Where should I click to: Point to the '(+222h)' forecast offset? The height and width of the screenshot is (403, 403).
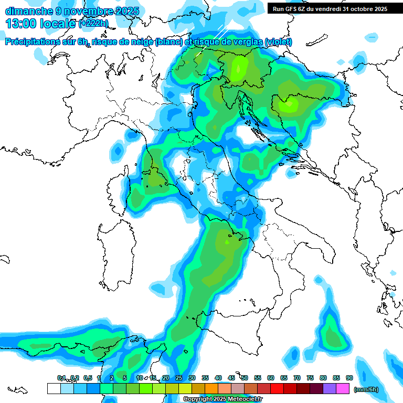pyautogui.click(x=93, y=24)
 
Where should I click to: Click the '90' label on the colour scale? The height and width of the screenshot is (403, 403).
pyautogui.click(x=349, y=378)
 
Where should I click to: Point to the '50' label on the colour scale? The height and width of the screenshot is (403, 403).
pyautogui.click(x=245, y=378)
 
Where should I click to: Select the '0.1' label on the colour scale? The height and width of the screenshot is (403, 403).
pyautogui.click(x=61, y=378)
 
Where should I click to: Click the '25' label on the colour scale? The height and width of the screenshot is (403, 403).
pyautogui.click(x=179, y=378)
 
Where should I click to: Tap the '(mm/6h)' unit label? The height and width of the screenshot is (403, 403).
pyautogui.click(x=366, y=389)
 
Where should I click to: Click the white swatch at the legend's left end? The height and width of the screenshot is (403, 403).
pyautogui.click(x=54, y=388)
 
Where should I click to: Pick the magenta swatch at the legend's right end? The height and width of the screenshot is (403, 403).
pyautogui.click(x=343, y=388)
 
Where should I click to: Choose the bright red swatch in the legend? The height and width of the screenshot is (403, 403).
pyautogui.click(x=277, y=388)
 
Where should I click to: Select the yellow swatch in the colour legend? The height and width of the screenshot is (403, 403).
pyautogui.click(x=185, y=388)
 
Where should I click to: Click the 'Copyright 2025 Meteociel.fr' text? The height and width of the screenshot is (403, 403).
pyautogui.click(x=222, y=399)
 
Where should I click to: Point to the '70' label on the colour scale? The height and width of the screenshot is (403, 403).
pyautogui.click(x=297, y=378)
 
